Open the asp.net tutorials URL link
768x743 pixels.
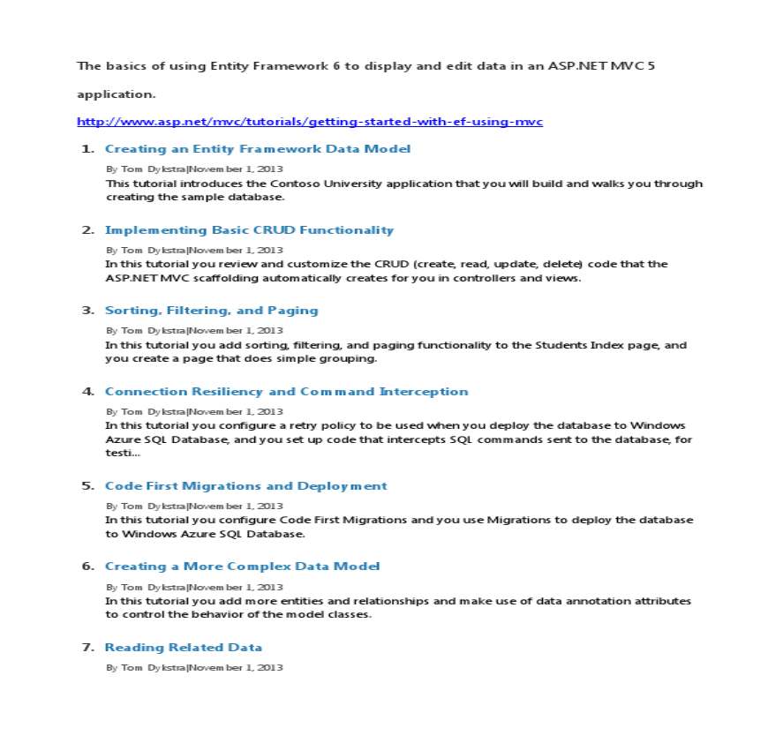[310, 122]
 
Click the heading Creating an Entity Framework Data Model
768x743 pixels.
[258, 149]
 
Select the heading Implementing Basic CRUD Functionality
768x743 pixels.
[249, 230]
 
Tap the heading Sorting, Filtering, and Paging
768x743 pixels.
[211, 311]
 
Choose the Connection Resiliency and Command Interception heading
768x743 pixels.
[286, 392]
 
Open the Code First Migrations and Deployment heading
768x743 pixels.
[245, 486]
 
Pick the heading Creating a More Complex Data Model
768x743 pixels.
[242, 567]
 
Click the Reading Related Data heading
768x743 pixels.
[183, 648]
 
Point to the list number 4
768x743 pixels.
[88, 392]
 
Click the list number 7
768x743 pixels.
[88, 648]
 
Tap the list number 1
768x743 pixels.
[88, 149]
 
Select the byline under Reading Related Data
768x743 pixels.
[194, 668]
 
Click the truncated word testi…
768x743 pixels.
[122, 453]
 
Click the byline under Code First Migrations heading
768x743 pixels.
[194, 507]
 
